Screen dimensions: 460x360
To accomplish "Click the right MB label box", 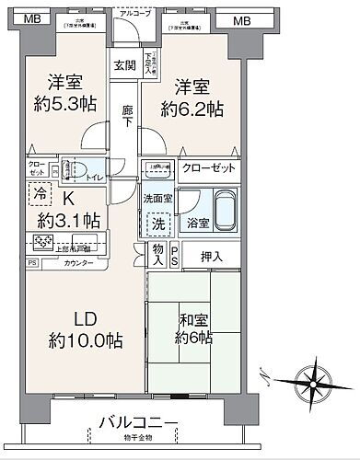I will coord(241,19).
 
